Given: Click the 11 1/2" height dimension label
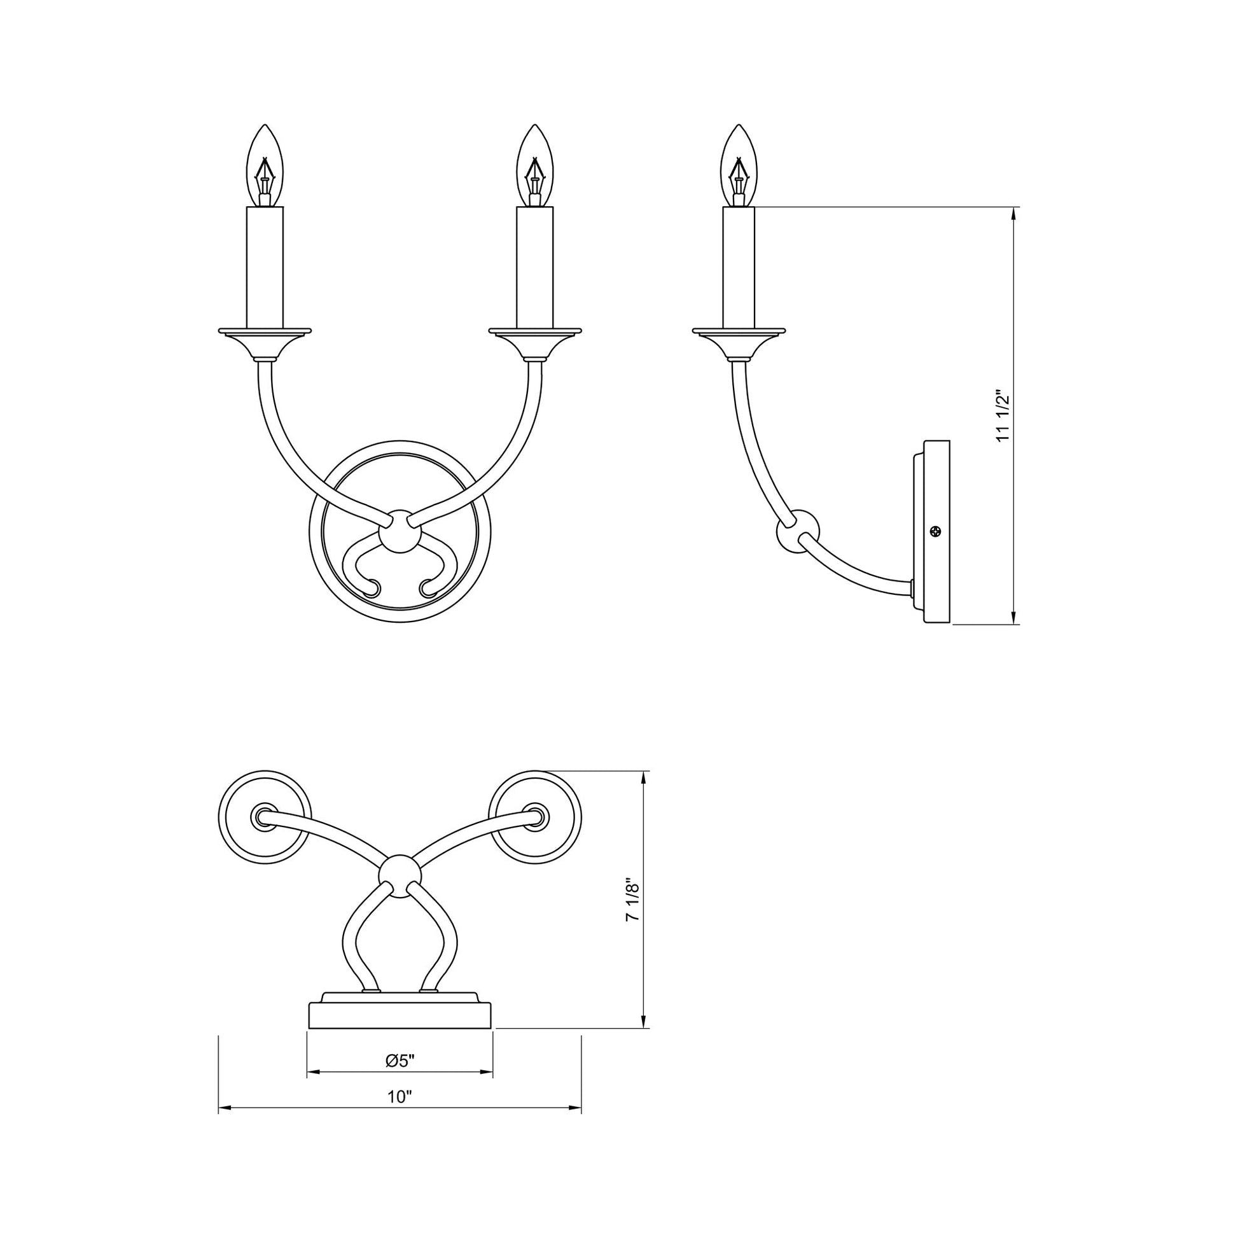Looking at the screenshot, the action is (x=1003, y=416).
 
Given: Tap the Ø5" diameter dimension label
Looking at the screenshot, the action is (x=401, y=1061).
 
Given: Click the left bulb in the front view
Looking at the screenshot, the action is (x=265, y=165).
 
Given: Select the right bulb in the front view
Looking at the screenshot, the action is (x=535, y=165).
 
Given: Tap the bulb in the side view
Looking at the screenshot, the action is (x=739, y=165).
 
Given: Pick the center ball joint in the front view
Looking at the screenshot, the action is (x=400, y=531).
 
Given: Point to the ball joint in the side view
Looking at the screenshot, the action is (x=798, y=531).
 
